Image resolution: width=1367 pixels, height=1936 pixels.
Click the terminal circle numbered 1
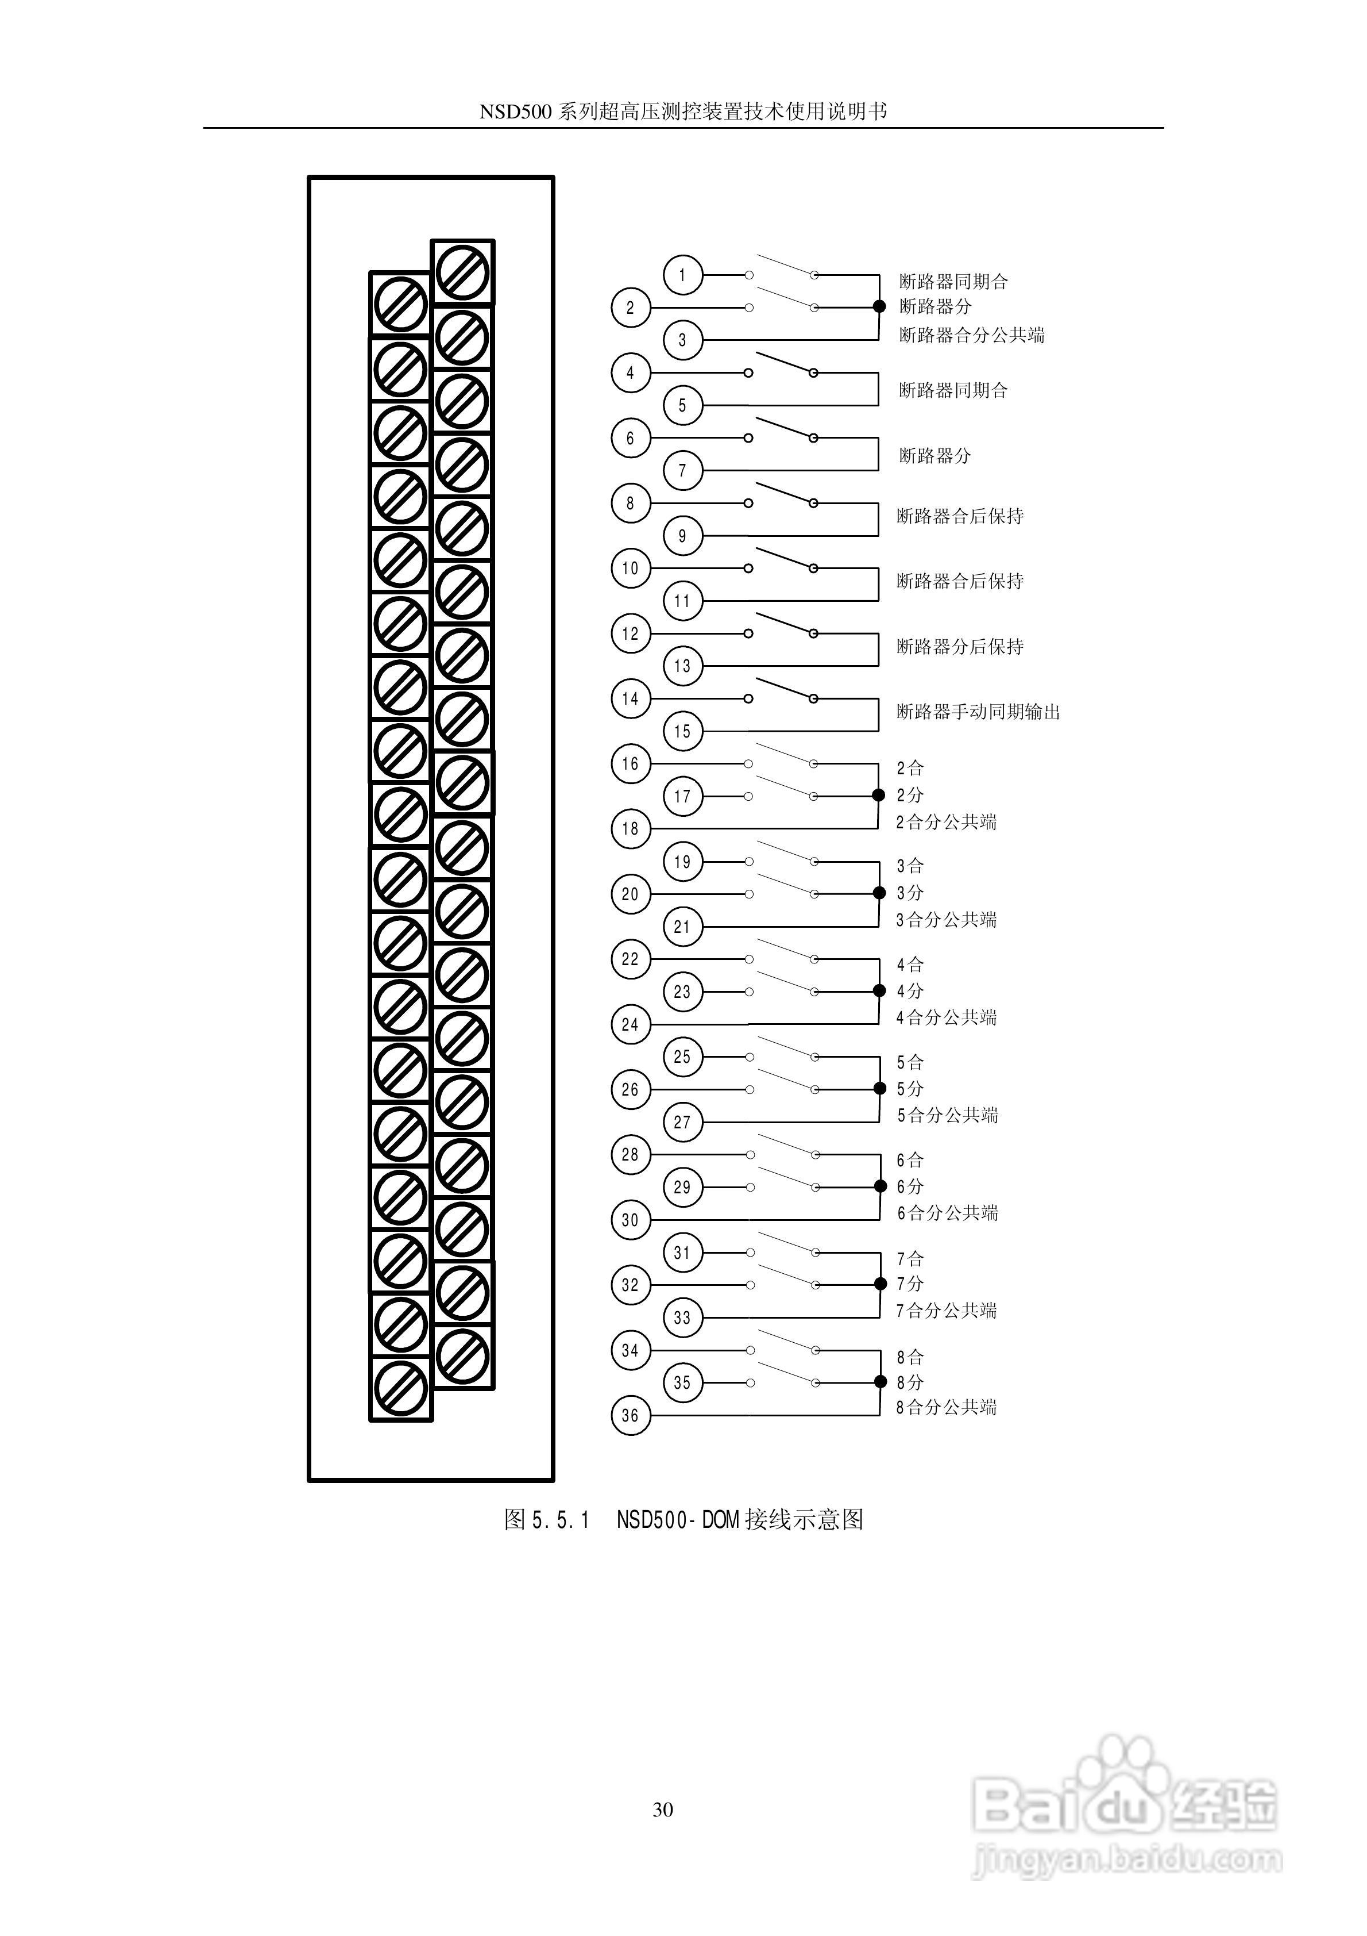tap(683, 275)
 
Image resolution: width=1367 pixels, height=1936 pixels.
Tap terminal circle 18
tap(631, 829)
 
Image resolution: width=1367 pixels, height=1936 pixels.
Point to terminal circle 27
tap(683, 1122)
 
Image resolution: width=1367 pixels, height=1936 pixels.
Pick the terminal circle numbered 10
tap(631, 568)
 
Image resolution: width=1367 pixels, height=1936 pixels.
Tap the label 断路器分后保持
tap(960, 647)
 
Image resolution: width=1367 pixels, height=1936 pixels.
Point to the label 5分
tap(910, 1089)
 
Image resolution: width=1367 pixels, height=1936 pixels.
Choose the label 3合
tap(910, 866)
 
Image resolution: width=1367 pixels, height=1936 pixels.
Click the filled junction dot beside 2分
tap(879, 795)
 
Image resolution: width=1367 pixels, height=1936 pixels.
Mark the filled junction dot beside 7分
tap(881, 1284)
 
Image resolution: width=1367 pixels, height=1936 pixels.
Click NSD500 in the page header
tap(515, 112)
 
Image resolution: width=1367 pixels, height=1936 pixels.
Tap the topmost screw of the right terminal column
tap(462, 272)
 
